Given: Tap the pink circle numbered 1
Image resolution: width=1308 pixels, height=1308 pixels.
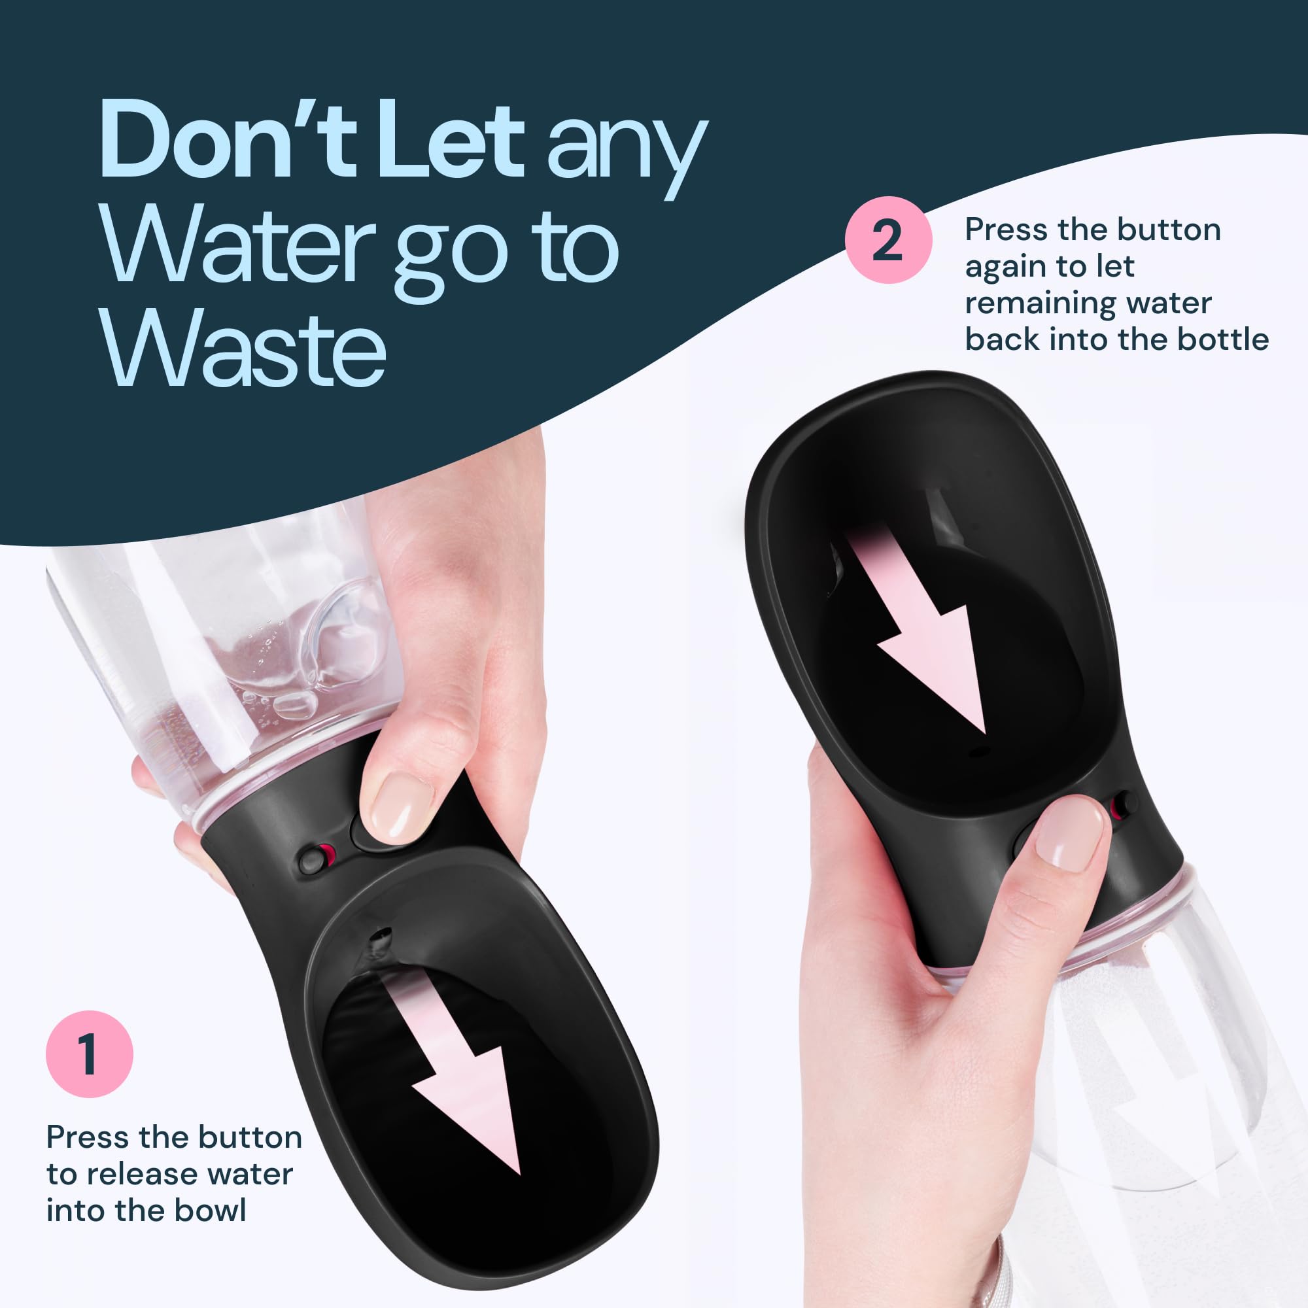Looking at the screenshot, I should click(x=90, y=1054).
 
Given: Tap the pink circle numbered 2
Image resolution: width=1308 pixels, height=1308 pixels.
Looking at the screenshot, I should click(x=888, y=239).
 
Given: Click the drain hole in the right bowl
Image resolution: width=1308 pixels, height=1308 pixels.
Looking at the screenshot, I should click(x=980, y=751).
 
